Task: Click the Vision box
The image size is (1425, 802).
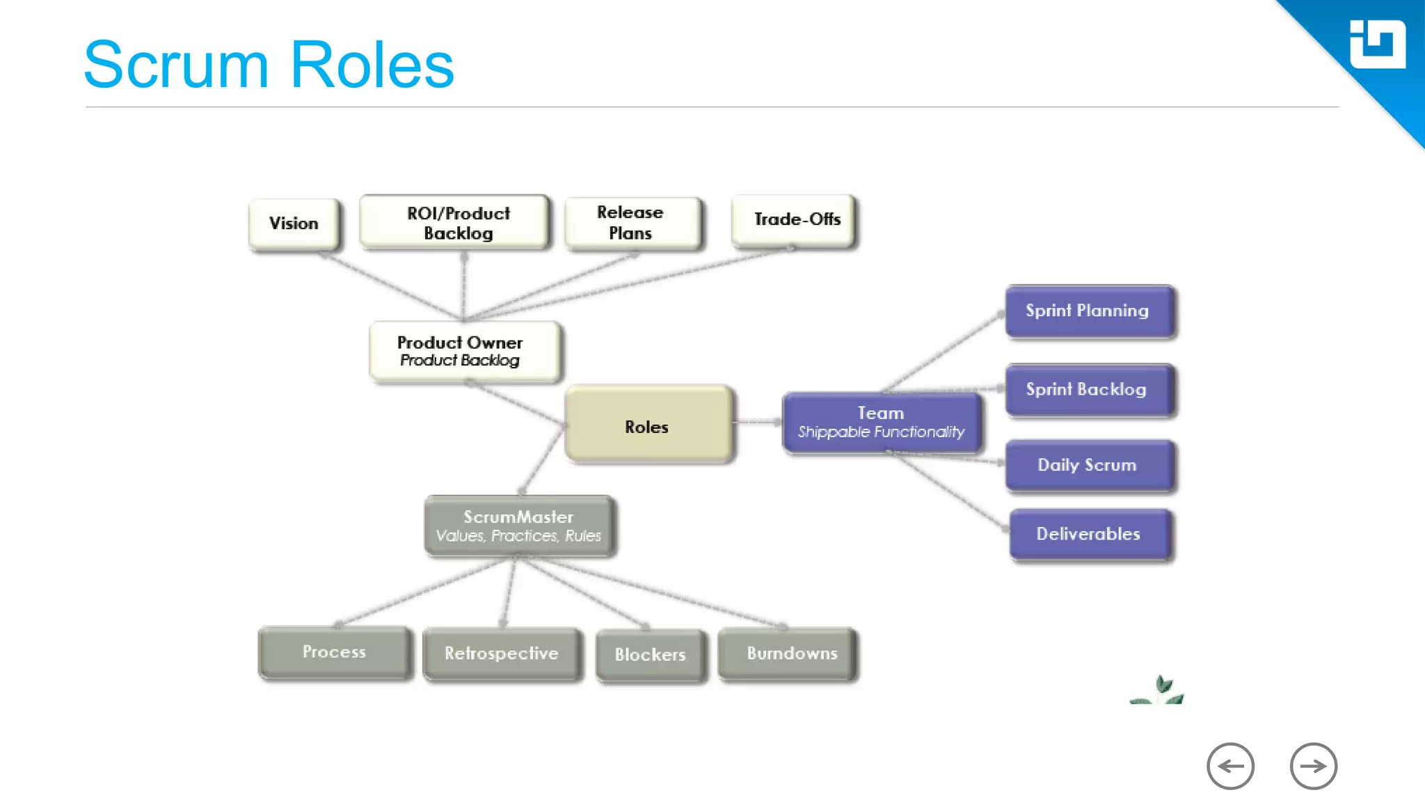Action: [x=294, y=223]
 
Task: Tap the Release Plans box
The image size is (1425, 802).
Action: [x=632, y=223]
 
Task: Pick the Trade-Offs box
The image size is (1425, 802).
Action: [x=795, y=220]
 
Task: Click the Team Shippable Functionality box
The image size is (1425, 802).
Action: [x=882, y=423]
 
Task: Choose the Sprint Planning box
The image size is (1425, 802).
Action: [x=1089, y=310]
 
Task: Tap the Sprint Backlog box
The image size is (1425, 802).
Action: [x=1089, y=389]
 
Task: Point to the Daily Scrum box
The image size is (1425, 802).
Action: [x=1089, y=465]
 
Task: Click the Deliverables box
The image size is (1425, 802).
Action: [x=1090, y=534]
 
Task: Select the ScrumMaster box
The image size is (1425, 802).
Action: [x=519, y=526]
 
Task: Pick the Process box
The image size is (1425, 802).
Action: [x=335, y=652]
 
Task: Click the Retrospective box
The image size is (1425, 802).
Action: [x=502, y=654]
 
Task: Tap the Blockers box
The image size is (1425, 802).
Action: [x=651, y=655]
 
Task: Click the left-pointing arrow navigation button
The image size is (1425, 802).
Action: [x=1230, y=766]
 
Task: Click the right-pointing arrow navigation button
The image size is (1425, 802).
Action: [x=1313, y=766]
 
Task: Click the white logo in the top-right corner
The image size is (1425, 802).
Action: [x=1377, y=45]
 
